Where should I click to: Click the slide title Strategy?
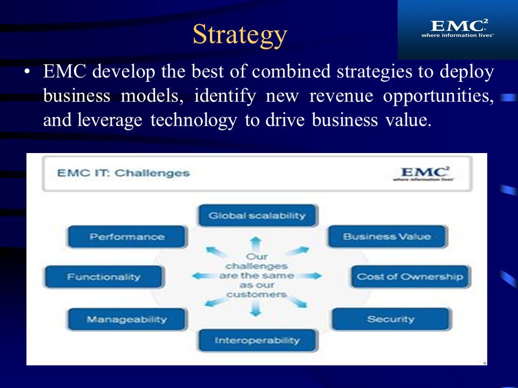[x=240, y=34]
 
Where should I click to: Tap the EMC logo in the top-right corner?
[x=457, y=28]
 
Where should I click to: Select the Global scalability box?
[x=257, y=216]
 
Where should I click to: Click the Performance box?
[x=127, y=237]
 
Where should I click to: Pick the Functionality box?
[x=104, y=277]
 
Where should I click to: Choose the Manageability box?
[x=127, y=319]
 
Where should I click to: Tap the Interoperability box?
[x=257, y=340]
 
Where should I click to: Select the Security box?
[x=390, y=319]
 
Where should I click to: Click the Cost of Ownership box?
[x=410, y=277]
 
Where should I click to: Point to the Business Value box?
[x=387, y=237]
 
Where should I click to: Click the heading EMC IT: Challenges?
[x=124, y=173]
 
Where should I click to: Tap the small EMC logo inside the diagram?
[x=423, y=174]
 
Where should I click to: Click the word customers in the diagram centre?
[x=256, y=294]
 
